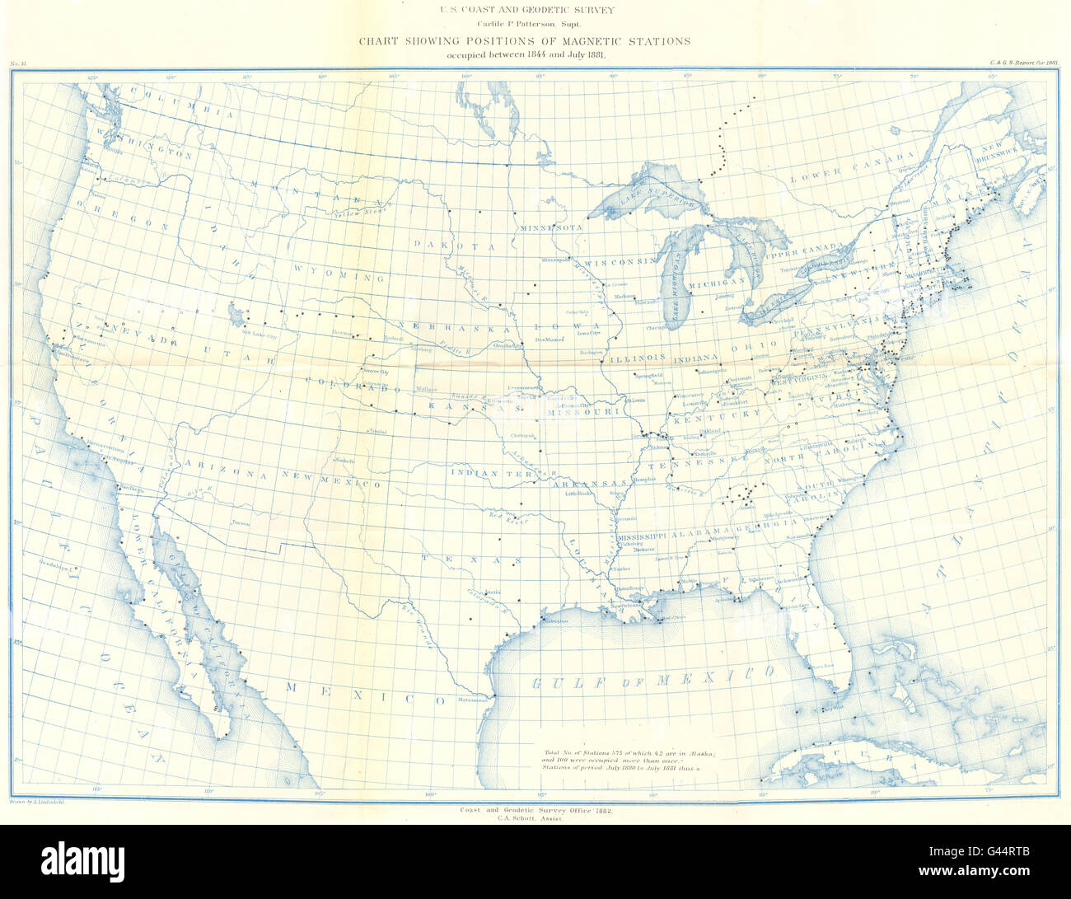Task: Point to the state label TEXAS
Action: pos(471,559)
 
